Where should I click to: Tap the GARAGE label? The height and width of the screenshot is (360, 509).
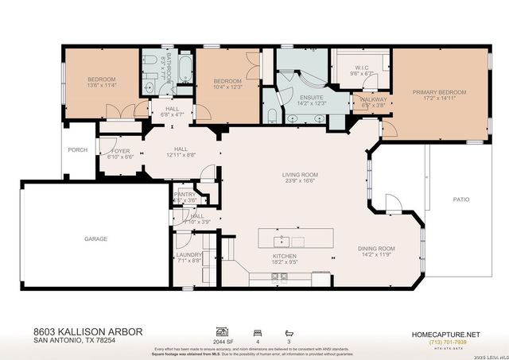96,238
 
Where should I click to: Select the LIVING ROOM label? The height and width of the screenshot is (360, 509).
300,175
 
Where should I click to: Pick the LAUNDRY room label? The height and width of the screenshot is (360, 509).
189,254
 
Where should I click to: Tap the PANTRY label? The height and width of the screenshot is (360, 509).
185,194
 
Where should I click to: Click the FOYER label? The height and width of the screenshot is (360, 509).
120,150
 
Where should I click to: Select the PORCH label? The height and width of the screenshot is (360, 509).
77,149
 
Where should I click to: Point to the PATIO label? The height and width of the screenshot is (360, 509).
461,199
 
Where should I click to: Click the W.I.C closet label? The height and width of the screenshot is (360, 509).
361,68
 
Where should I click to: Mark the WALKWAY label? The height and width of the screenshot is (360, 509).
374,99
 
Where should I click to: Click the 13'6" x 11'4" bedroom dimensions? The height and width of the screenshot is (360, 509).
102,86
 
